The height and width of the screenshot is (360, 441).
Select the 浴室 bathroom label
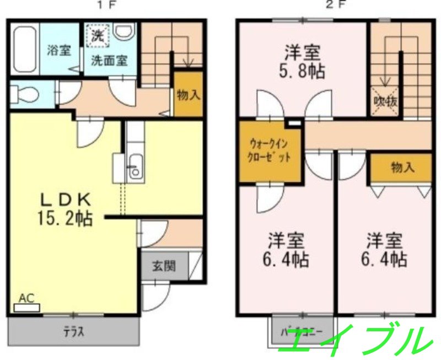click(59, 50)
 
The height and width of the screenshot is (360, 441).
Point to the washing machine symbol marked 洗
click(98, 37)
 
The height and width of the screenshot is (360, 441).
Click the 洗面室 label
click(109, 61)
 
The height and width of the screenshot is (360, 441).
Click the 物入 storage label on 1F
click(188, 94)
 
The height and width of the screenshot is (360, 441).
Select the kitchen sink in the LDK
click(134, 168)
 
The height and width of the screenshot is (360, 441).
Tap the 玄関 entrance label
click(164, 267)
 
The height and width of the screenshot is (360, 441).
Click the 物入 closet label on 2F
click(402, 168)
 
